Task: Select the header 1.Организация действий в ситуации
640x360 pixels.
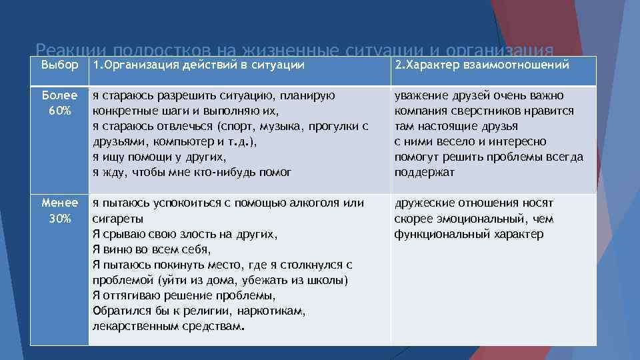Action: (199, 65)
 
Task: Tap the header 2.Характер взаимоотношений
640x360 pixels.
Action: (481, 65)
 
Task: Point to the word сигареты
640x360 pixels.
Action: (117, 219)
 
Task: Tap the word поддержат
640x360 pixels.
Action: (424, 172)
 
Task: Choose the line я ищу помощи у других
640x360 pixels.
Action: (159, 157)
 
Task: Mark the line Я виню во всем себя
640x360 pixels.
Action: (151, 249)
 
